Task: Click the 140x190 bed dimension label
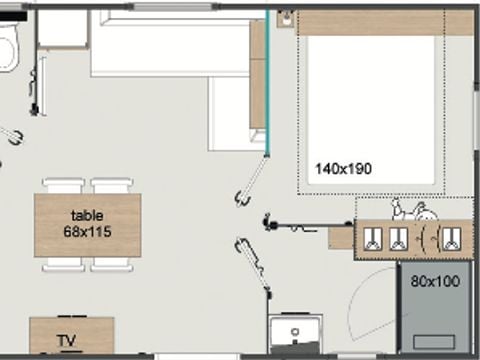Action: [343, 169]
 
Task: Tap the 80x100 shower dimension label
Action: [435, 281]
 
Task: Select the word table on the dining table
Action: [87, 216]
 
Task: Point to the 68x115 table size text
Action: [87, 232]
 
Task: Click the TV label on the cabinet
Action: [67, 341]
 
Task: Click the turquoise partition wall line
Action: [267, 83]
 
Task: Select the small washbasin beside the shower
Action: [295, 333]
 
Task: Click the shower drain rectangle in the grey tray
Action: [434, 342]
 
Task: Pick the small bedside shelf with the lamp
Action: [286, 18]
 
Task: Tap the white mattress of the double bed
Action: [371, 110]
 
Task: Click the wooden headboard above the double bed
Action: [386, 23]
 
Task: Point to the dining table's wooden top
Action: [88, 225]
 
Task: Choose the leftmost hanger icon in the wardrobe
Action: [372, 239]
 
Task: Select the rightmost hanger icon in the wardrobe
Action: [452, 239]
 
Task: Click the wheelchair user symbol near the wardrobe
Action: [414, 210]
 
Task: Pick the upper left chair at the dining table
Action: [62, 186]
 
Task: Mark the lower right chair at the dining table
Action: [112, 264]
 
